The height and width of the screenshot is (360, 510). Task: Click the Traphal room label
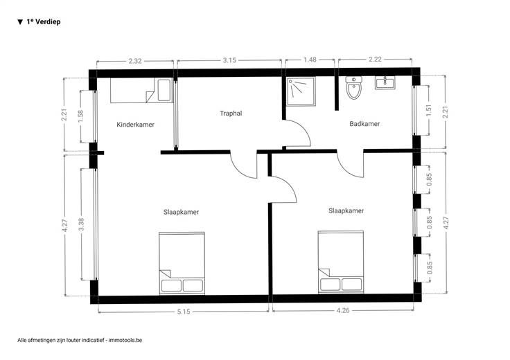pos(231,114)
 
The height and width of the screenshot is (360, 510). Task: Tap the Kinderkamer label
pos(135,125)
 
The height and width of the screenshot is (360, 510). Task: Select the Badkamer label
pos(364,124)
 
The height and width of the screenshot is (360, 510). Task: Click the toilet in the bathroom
pos(353,88)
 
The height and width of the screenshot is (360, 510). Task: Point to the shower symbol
pos(301,91)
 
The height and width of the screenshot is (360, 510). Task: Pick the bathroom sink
pos(385,83)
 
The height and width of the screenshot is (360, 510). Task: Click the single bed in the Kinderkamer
pos(141,90)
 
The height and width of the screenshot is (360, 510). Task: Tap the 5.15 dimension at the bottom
pos(184,312)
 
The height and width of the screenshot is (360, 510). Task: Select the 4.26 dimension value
pos(343,311)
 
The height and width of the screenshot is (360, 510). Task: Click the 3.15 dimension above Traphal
pos(229,60)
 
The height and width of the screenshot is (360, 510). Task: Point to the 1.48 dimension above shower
pos(310,60)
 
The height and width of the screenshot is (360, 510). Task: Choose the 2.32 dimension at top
pos(135,61)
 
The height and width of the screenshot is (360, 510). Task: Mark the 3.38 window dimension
pos(81,224)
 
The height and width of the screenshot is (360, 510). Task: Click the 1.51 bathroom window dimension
pos(429,111)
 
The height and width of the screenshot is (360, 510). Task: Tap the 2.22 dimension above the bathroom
pos(375,60)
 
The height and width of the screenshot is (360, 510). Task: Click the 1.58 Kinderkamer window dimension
pos(80,116)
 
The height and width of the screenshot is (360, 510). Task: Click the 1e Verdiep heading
pos(44,21)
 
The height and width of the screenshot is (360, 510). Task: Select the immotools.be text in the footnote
pos(125,340)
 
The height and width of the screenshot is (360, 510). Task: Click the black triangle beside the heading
pos(20,22)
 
